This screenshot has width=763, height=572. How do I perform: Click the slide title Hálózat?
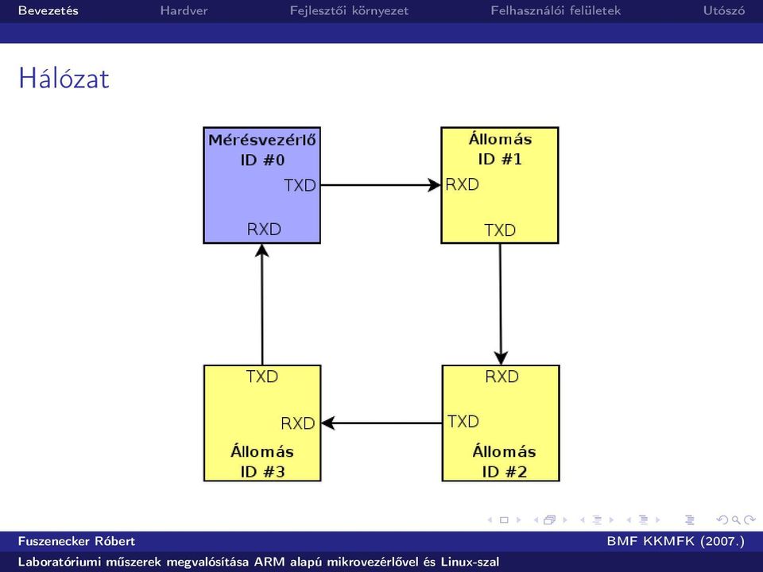(64, 78)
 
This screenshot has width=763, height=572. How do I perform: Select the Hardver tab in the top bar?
(184, 10)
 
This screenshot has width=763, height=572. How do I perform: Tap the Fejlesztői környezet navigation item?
(349, 10)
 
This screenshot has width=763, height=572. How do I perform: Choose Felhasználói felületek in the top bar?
(556, 10)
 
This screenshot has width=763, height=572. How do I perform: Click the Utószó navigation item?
(723, 10)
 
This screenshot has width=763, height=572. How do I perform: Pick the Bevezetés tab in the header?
(48, 10)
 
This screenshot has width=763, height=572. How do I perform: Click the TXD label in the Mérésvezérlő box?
(300, 185)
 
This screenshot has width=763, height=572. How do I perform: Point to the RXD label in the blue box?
(264, 229)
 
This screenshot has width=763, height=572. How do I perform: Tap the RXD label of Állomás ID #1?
(463, 184)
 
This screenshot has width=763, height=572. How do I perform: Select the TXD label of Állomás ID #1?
(500, 230)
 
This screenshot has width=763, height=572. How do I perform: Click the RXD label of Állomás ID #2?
(502, 377)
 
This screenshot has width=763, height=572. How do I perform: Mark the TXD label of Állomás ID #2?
(463, 421)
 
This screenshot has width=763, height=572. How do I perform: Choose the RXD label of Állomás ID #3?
(298, 423)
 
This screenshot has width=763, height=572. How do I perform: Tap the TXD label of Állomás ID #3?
(261, 377)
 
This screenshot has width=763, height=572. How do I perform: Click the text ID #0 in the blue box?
(262, 160)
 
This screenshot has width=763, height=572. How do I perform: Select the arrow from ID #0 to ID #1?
(381, 185)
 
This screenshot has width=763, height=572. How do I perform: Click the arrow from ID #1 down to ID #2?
(500, 304)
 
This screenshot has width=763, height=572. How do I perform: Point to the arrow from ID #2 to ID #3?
(381, 423)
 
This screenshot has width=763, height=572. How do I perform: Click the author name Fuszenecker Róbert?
(76, 541)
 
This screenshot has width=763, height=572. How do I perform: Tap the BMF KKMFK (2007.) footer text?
(676, 541)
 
